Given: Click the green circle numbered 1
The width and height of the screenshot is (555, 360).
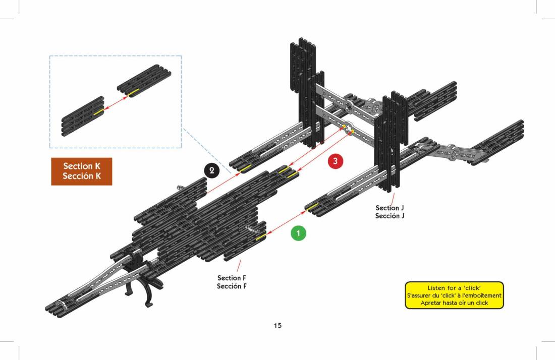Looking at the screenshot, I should coord(298,233).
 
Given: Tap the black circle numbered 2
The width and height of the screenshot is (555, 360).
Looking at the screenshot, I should coord(212,170).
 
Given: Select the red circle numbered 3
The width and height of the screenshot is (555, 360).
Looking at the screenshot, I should coord(336,161).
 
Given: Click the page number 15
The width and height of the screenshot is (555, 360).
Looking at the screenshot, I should coord(277,325).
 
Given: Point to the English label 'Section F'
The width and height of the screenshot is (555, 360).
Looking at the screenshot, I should coord(232,278).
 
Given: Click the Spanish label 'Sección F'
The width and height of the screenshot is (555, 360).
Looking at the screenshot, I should coord(232,286).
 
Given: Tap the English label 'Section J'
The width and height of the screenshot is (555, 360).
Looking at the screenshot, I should coord(390,208).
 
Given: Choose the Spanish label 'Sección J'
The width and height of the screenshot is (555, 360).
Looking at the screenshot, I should coord(390,216).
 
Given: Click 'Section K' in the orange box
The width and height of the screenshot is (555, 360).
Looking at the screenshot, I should coord(81,166).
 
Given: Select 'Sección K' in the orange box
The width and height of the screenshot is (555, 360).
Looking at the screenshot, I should coord(81,176).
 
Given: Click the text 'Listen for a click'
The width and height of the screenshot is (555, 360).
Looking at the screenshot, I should coord(454,287).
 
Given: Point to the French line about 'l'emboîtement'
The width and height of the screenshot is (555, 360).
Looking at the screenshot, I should coord(454,295).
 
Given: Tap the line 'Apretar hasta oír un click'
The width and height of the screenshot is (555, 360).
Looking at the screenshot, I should coord(454,303).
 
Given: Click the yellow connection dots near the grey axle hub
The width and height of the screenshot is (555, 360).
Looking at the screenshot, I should coord(348,129).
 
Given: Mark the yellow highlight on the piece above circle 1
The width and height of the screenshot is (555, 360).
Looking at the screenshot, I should coord(313,206).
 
